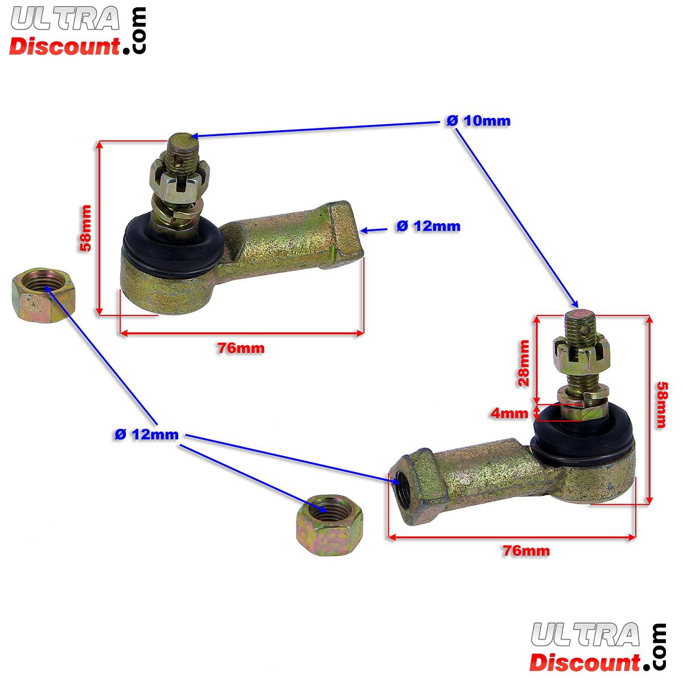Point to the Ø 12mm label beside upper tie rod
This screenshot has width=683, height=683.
(428, 227)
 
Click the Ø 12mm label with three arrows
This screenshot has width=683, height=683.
(146, 435)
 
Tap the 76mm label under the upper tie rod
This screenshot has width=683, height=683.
(241, 348)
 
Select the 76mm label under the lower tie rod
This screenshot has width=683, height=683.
(526, 550)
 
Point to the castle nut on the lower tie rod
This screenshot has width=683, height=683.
(575, 356)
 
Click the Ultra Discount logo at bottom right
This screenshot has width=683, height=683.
(598, 648)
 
